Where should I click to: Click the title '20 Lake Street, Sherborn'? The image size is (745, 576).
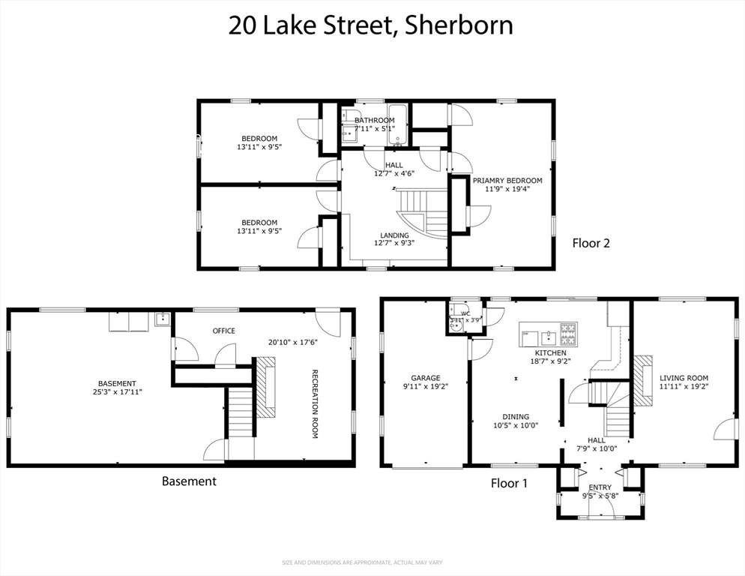click(371, 25)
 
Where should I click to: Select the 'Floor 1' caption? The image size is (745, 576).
click(509, 483)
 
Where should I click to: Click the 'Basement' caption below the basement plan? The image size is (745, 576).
click(189, 481)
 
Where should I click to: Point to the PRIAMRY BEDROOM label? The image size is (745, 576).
click(507, 180)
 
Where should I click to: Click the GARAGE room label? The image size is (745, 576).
click(425, 378)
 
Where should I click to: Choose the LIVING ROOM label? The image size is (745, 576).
click(684, 378)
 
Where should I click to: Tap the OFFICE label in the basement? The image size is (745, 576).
click(223, 331)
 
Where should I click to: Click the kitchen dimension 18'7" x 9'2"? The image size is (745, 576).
click(550, 361)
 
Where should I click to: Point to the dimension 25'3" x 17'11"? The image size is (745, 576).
click(116, 391)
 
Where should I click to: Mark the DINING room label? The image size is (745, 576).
click(516, 417)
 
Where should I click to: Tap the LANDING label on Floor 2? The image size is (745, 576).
click(393, 235)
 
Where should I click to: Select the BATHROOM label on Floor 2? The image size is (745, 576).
click(374, 120)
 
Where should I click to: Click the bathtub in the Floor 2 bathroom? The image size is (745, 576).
click(396, 124)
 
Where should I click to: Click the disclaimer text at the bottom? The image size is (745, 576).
click(372, 562)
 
